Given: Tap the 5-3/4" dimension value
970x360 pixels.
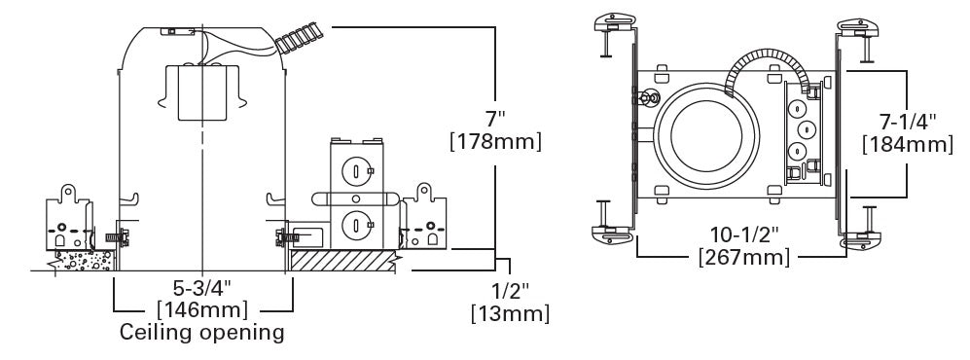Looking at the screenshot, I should [202, 289].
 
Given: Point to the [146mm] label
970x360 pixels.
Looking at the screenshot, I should [202, 310].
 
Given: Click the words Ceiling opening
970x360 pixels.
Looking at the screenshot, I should [202, 333].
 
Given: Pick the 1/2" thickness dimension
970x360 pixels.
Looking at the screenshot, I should [509, 292].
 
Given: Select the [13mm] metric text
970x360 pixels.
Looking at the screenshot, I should [509, 314].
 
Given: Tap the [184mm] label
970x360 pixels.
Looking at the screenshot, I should [906, 145].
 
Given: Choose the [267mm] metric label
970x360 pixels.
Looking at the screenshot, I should [745, 258].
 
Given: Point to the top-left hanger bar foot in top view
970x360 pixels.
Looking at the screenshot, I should [607, 21].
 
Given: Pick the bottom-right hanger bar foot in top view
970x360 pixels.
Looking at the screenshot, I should [856, 235].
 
